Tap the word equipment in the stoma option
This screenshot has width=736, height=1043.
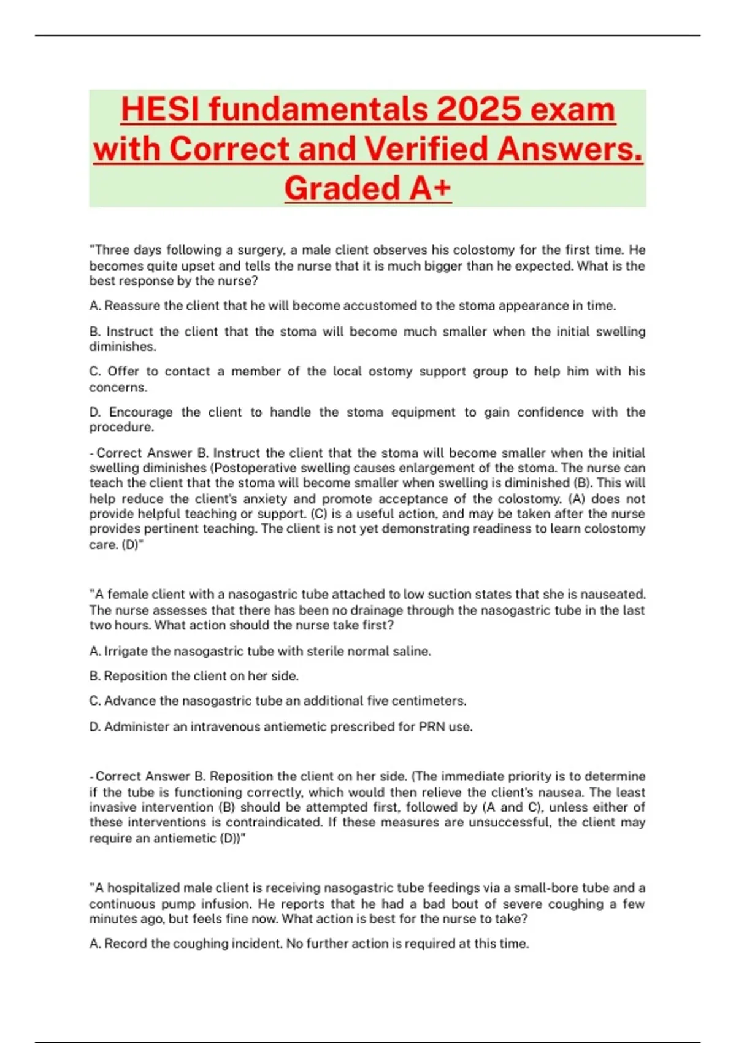click(424, 412)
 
